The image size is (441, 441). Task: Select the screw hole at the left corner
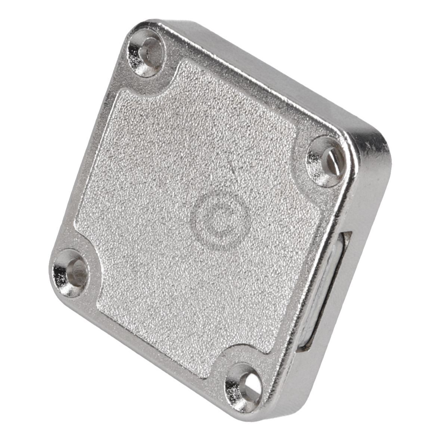(x=71, y=272)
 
